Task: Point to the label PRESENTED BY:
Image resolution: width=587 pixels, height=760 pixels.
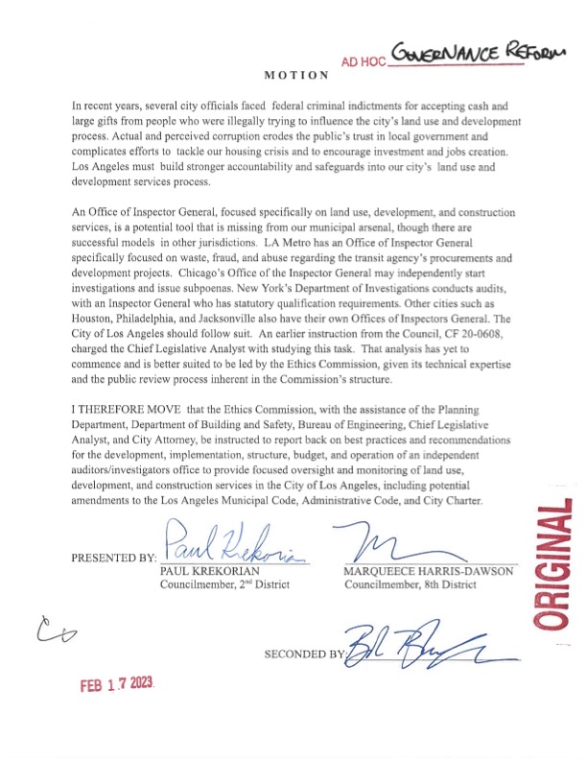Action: tap(113, 558)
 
